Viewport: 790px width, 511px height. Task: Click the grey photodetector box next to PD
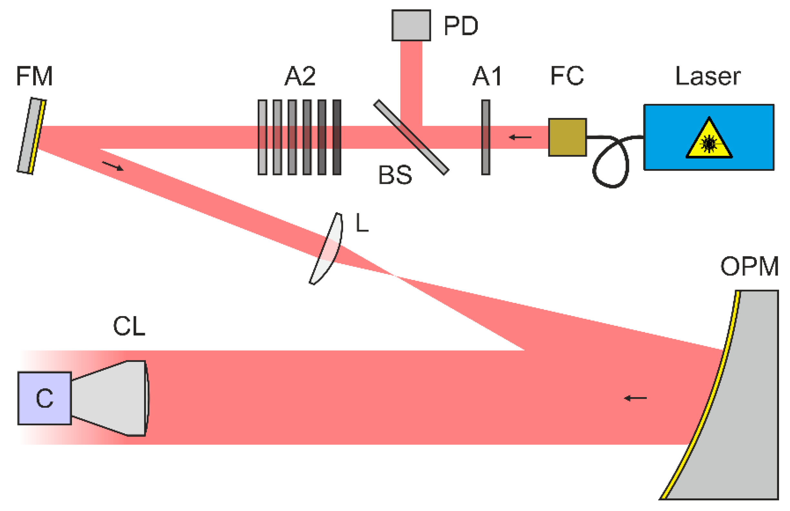(x=411, y=25)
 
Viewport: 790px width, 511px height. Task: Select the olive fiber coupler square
(x=567, y=137)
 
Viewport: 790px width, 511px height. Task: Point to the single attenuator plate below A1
(x=485, y=137)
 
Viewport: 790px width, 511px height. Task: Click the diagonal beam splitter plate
(x=411, y=137)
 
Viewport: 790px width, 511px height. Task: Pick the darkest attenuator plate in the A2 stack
(x=336, y=137)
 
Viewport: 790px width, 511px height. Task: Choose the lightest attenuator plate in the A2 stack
(x=262, y=137)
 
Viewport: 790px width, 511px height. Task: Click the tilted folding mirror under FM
(x=32, y=135)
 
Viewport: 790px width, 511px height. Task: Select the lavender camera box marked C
(x=45, y=398)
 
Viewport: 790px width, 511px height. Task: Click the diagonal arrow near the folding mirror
(x=113, y=166)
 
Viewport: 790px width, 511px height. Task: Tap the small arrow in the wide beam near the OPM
(x=635, y=398)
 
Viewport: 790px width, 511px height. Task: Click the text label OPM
(x=749, y=266)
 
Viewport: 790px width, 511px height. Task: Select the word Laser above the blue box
(x=708, y=76)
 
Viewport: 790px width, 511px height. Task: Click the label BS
(x=395, y=175)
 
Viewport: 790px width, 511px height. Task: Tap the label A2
(x=300, y=76)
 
